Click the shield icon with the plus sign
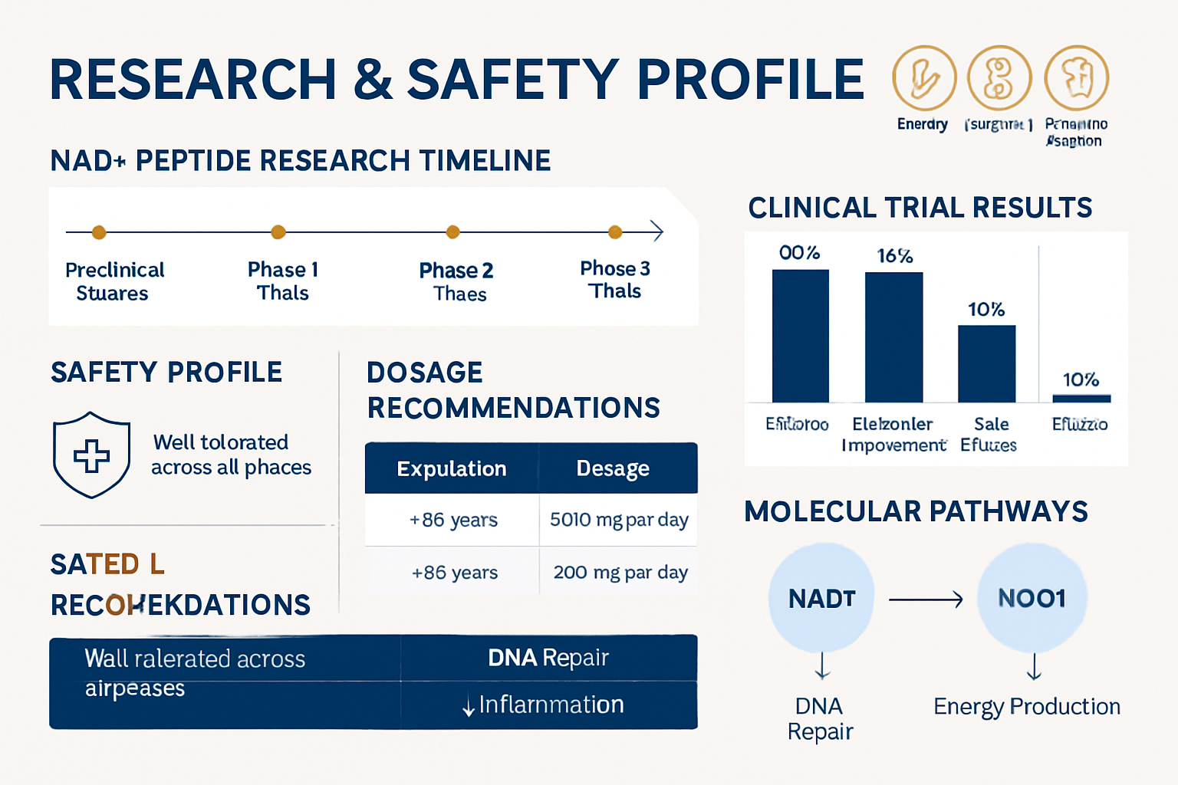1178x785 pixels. [x=91, y=455]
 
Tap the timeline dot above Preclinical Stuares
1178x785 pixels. [x=99, y=232]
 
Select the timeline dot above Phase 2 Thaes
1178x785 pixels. [x=453, y=232]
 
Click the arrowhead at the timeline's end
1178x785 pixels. [x=656, y=232]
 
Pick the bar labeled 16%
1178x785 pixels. [x=893, y=337]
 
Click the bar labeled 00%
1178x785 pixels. [x=800, y=336]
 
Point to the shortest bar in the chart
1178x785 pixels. [x=1081, y=398]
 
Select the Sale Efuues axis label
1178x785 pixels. [x=989, y=435]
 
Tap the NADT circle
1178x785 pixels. [x=821, y=598]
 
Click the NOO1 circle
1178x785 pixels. [x=1032, y=598]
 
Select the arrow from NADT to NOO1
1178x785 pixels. [x=926, y=599]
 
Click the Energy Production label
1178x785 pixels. [x=1027, y=706]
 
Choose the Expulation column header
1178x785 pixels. [x=452, y=468]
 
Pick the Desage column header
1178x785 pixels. [x=613, y=468]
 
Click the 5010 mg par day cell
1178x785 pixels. [x=619, y=520]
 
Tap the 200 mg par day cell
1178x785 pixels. [x=620, y=572]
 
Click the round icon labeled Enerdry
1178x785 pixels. [x=924, y=78]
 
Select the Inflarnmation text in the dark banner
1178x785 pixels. [x=550, y=705]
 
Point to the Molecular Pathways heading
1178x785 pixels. [x=916, y=511]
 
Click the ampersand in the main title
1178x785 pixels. [x=373, y=80]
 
